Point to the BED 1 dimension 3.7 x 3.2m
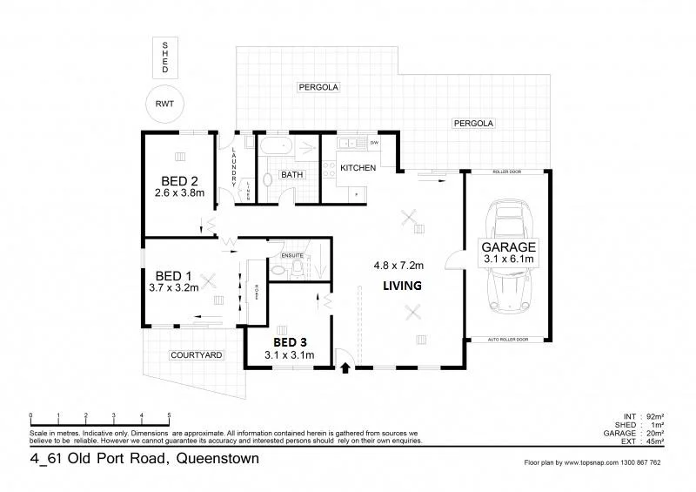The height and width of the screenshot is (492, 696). click(x=174, y=286)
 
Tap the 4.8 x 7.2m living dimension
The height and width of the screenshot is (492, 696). click(x=398, y=265)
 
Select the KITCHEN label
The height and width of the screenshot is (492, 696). click(x=358, y=167)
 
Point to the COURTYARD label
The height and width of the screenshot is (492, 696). click(x=197, y=355)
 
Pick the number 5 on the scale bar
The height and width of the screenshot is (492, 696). click(x=169, y=414)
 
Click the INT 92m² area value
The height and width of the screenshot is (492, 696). click(x=653, y=417)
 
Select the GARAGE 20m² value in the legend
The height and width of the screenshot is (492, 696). click(x=653, y=433)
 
